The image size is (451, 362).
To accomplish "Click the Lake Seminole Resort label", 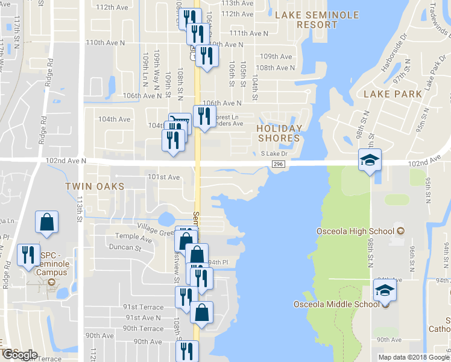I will point(317,20).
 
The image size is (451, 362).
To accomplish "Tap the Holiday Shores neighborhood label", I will point(279,133).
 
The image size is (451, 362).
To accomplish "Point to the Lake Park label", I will point(393,94).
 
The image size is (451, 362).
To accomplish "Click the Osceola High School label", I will point(355,231).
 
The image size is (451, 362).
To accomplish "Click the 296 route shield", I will point(278,164).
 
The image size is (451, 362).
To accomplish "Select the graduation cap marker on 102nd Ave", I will point(370,160).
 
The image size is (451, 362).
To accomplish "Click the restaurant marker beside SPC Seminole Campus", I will point(27,255).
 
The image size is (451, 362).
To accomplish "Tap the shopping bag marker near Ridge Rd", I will point(46,222).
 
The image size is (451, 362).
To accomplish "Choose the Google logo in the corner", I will point(20,355).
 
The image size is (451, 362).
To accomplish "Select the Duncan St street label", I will point(125,247).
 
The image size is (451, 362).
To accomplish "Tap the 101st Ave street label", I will point(164,177).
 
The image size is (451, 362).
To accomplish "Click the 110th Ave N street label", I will point(106,43).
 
